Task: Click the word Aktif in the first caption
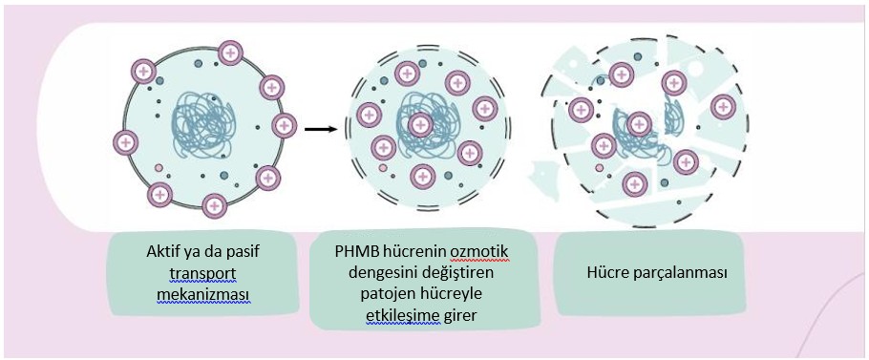164,253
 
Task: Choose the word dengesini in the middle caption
376,273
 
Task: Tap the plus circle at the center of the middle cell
419,123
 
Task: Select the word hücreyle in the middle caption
448,294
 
